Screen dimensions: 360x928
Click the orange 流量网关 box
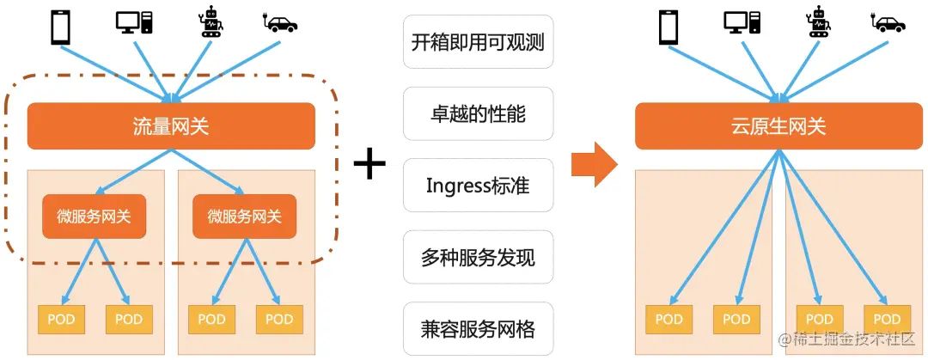tap(171, 125)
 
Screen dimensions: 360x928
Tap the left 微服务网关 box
tap(95, 217)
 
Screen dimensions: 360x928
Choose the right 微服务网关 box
tap(245, 217)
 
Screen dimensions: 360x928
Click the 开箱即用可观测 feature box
tap(478, 41)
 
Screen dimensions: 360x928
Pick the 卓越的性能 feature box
tap(478, 113)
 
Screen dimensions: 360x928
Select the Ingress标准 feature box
tap(478, 185)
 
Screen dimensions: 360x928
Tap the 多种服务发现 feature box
tap(478, 257)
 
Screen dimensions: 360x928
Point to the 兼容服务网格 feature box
tap(478, 329)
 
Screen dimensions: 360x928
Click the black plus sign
tap(369, 164)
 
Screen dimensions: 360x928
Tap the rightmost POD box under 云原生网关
tap(888, 320)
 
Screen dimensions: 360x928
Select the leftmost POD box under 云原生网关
tap(669, 320)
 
